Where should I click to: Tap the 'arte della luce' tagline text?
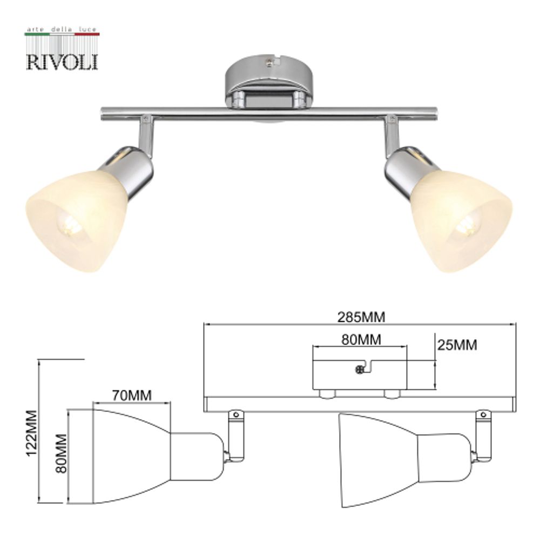pyautogui.click(x=62, y=28)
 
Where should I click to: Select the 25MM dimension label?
pyautogui.click(x=457, y=345)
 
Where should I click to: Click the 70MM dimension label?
pyautogui.click(x=132, y=395)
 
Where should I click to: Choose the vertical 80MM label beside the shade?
pyautogui.click(x=60, y=453)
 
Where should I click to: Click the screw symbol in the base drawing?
pyautogui.click(x=360, y=369)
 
